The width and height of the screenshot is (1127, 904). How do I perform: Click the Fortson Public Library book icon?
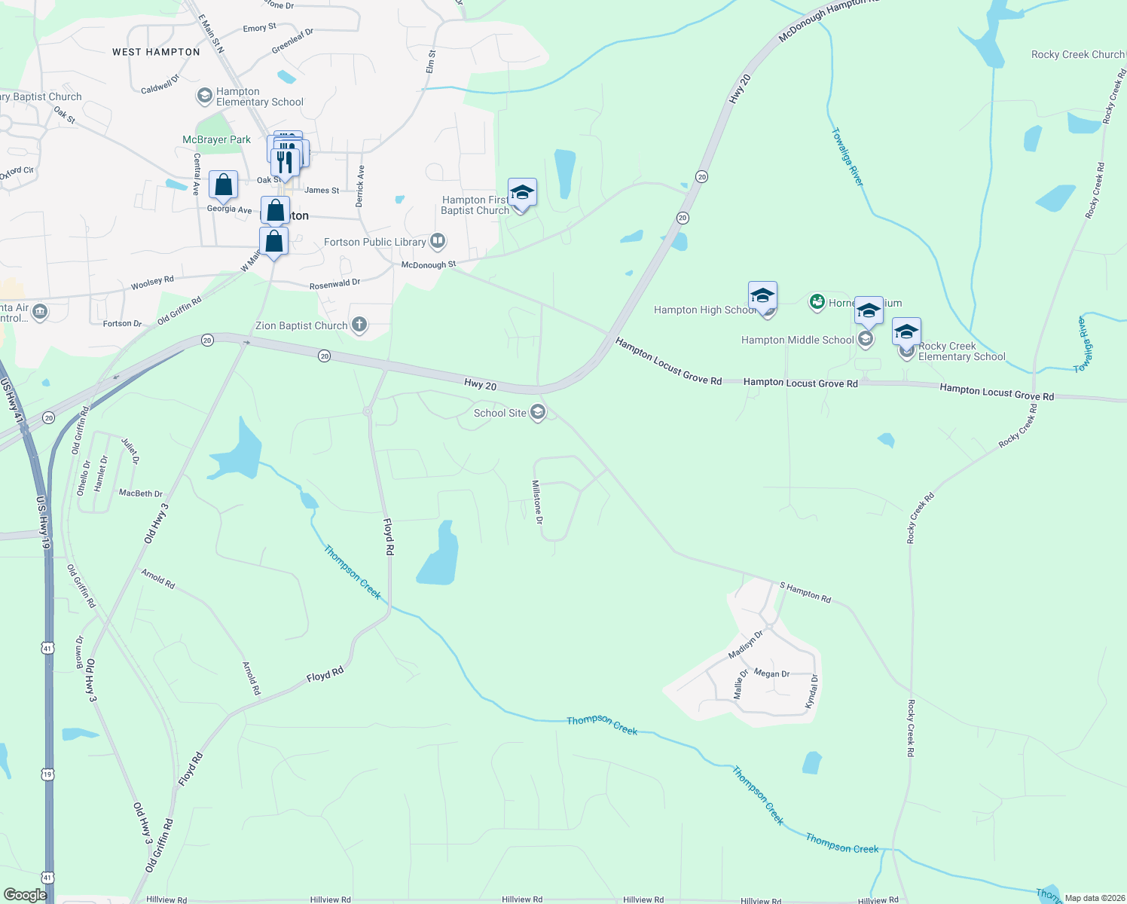tap(438, 242)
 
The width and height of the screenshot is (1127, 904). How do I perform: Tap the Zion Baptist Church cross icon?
tap(359, 325)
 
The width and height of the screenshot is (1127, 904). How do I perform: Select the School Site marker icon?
tap(538, 412)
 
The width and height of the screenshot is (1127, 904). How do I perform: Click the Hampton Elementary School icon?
tap(204, 96)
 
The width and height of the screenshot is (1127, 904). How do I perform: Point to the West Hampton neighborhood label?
tap(156, 52)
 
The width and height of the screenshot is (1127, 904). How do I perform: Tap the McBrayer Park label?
tap(216, 139)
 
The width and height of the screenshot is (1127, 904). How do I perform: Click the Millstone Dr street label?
tap(537, 502)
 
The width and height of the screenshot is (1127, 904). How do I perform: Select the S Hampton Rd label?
tap(805, 592)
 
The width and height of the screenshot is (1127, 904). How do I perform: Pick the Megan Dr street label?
tap(771, 673)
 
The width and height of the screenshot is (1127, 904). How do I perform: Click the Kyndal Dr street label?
tap(811, 691)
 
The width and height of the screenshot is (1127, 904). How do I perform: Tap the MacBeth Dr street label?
tap(141, 493)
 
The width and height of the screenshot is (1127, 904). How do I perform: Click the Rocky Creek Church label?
tap(1077, 54)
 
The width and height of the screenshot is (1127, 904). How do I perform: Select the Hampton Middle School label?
tap(797, 340)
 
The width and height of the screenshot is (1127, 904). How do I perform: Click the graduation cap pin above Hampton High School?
tap(762, 295)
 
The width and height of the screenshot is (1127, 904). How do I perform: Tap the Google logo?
tap(25, 895)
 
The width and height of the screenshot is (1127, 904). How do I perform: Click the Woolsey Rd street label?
tap(152, 283)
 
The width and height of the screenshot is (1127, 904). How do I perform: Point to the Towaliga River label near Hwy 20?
tap(848, 157)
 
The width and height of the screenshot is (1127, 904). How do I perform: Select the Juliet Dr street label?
tap(130, 450)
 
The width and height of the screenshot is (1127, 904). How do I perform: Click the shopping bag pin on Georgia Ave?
tap(223, 185)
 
